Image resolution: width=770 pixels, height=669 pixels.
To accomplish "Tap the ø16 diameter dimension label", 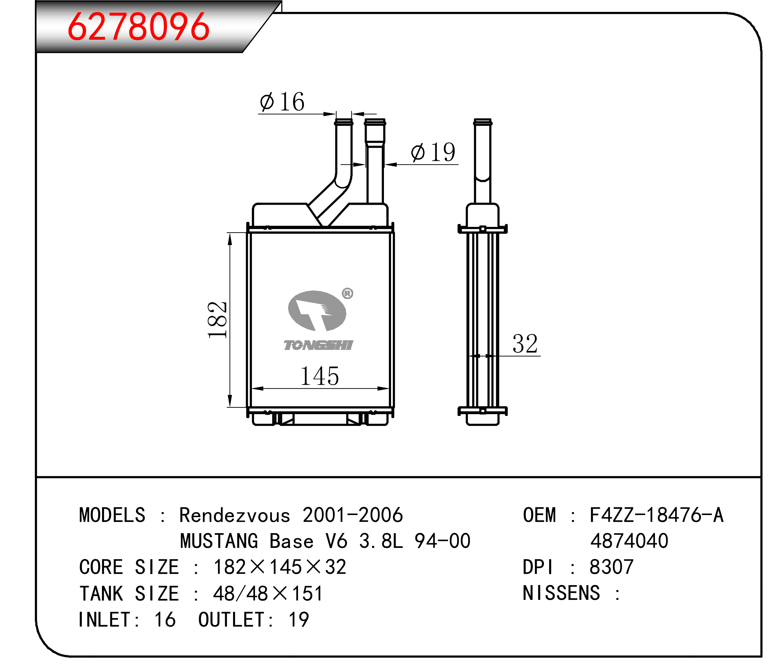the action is (x=282, y=101).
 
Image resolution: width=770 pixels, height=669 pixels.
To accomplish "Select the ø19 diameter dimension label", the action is (x=433, y=152).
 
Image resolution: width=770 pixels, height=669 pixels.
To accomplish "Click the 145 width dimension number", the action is (x=320, y=376).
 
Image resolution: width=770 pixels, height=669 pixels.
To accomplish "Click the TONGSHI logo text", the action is (x=318, y=345).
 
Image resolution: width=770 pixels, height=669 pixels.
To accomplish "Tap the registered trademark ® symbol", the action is (x=347, y=293).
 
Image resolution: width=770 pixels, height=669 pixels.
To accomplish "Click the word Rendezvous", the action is (x=235, y=515).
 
